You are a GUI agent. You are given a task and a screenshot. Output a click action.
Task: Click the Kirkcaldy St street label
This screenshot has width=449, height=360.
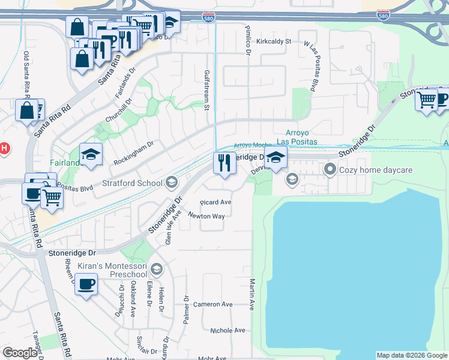coord(273,41)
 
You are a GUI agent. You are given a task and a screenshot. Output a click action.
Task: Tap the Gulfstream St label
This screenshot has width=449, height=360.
coord(206,90)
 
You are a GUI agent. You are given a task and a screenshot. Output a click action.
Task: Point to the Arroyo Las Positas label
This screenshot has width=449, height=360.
coord(297,137)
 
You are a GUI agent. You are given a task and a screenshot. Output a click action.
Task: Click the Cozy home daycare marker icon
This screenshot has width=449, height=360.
coord(329,170)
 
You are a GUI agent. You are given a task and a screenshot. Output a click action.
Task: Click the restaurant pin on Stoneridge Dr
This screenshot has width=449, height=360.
coord(224,163)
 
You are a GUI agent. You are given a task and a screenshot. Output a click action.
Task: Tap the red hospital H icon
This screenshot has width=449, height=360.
coord(3,148)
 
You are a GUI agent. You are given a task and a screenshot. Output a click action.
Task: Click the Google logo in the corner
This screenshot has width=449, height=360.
coord(20,353)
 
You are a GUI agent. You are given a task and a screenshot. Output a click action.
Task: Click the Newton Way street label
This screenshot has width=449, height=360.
coord(206,215)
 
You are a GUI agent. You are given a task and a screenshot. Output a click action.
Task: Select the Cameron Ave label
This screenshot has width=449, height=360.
coord(212,304)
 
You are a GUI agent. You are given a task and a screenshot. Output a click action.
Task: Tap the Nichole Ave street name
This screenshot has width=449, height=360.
coord(228,331)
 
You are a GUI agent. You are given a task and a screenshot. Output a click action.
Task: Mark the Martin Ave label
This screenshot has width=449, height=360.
coord(252,294)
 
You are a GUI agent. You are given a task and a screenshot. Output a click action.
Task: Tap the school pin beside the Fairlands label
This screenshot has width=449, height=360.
coord(91,154)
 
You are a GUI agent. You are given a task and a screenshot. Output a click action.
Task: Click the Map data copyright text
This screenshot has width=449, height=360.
coord(412,355)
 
